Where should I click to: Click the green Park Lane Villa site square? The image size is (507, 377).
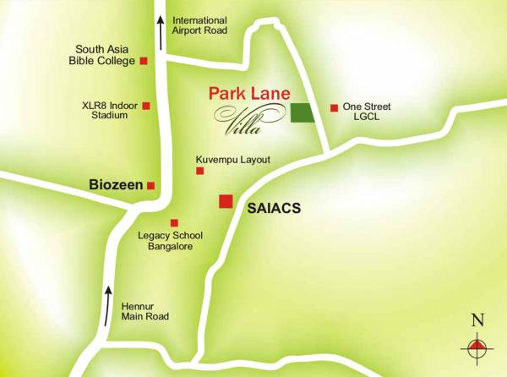302,112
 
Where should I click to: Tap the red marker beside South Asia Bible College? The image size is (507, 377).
144,61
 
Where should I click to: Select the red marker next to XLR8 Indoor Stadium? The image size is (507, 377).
146,106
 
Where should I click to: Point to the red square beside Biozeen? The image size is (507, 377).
151,185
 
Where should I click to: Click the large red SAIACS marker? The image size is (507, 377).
226,201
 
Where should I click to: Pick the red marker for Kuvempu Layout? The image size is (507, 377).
200,171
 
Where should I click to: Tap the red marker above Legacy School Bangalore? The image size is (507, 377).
174,222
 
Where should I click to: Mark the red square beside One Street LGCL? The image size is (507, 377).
335,107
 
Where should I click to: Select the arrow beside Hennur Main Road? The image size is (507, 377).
107,306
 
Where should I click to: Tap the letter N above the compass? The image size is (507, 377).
477,320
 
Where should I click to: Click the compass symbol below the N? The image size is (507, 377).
477,346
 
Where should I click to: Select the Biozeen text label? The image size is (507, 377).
115,183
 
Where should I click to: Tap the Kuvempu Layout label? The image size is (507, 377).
232,159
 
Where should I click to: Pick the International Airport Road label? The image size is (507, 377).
199,25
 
